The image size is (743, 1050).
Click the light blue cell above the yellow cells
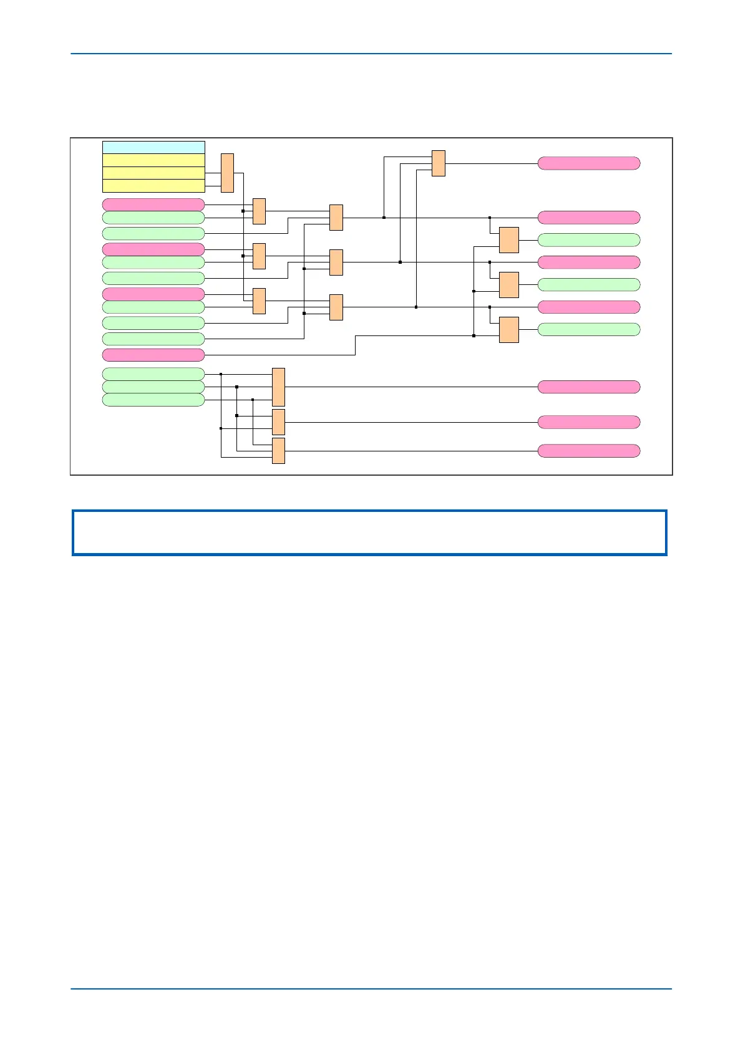(x=153, y=147)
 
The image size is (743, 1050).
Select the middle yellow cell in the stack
(x=153, y=173)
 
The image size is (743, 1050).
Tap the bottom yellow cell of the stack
(x=153, y=186)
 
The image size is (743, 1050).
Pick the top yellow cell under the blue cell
(x=153, y=160)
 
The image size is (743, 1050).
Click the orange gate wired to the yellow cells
(x=227, y=173)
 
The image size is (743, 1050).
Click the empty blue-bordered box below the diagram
(x=369, y=532)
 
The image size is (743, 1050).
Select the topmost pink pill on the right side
(x=589, y=163)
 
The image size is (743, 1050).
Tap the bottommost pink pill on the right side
(x=589, y=451)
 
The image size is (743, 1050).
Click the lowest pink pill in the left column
(x=153, y=355)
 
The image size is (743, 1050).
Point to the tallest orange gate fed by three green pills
(x=278, y=387)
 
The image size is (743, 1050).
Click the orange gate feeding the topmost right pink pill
(x=439, y=163)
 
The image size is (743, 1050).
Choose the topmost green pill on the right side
(x=589, y=240)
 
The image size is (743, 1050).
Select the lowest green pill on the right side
(x=589, y=329)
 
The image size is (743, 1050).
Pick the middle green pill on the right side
(x=589, y=284)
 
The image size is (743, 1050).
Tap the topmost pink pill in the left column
(x=153, y=205)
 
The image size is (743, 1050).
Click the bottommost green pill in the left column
(x=153, y=400)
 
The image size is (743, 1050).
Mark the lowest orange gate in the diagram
(x=278, y=451)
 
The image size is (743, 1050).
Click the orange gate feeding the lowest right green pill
(x=509, y=330)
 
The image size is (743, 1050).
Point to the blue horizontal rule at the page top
(x=371, y=54)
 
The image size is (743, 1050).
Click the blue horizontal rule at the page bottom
(x=371, y=988)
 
